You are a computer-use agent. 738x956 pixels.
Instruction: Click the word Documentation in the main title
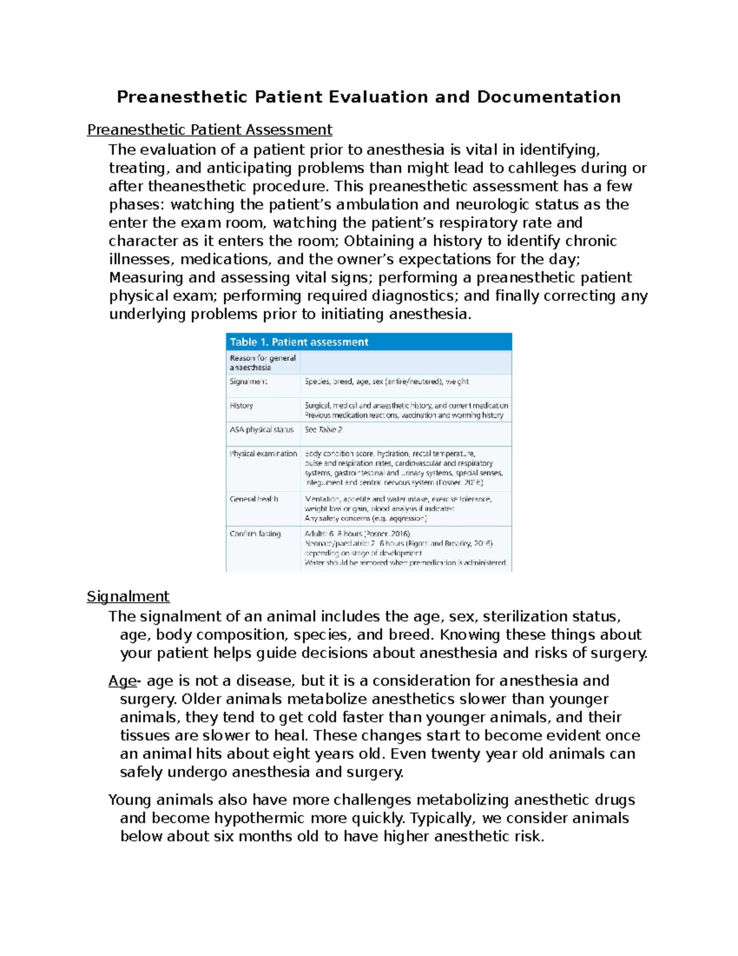point(549,97)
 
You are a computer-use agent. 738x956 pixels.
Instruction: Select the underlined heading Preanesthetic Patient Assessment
point(209,130)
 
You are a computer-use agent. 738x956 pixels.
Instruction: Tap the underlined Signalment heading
point(128,596)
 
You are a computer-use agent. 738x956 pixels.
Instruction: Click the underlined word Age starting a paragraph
point(122,681)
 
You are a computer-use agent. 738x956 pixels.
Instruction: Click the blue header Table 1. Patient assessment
point(299,342)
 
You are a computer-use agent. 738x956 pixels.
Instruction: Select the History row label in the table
point(241,406)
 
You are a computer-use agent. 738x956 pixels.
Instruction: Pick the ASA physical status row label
point(261,430)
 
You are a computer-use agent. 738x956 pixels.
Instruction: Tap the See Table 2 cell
point(323,430)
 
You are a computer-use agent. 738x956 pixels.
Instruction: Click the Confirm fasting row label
point(255,534)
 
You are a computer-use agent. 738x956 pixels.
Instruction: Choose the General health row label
point(254,499)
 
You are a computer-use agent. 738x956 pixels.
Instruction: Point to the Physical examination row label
point(263,454)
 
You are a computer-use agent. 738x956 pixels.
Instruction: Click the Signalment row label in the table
point(248,382)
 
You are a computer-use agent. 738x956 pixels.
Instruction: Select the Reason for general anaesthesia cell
point(263,363)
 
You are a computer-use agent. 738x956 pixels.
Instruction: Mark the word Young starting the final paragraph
point(130,800)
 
